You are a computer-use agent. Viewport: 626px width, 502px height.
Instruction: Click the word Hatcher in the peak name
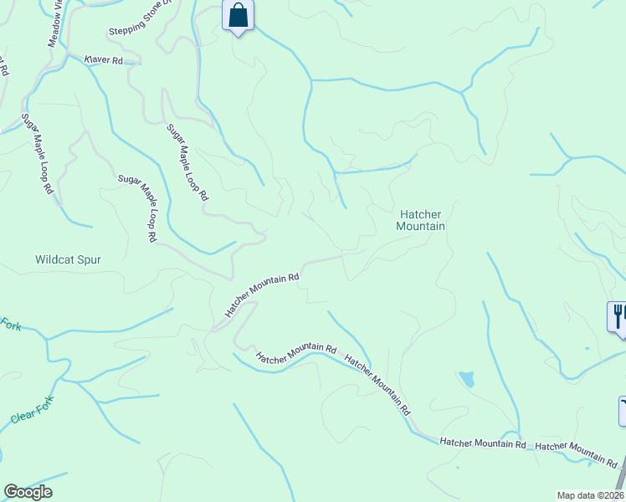click(419, 214)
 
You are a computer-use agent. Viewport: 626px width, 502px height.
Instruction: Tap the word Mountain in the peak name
click(420, 227)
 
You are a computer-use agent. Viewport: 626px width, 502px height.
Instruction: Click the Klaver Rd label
click(104, 60)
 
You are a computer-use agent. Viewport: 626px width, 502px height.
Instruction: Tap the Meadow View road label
click(54, 23)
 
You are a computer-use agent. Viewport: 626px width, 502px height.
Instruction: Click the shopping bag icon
click(239, 16)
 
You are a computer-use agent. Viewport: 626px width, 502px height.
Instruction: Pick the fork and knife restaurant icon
click(617, 316)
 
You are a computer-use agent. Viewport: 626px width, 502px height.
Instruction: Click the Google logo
click(28, 491)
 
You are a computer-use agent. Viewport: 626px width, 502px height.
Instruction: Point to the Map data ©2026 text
click(590, 495)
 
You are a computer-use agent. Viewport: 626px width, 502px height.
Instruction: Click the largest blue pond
click(466, 379)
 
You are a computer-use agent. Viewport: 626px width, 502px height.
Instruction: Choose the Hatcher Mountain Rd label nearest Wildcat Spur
click(261, 295)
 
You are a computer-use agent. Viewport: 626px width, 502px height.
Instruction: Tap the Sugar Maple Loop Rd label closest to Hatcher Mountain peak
click(187, 163)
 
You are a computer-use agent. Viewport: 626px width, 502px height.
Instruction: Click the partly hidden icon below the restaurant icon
click(622, 410)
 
